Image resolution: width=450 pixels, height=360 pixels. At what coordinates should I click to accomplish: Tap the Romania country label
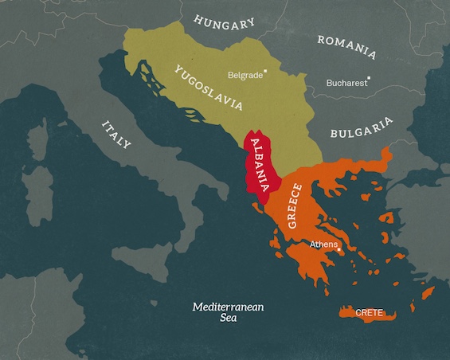pos(346,46)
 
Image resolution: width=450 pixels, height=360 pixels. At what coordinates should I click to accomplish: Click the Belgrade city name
pos(245,76)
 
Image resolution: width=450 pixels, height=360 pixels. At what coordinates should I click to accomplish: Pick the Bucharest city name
pos(347,82)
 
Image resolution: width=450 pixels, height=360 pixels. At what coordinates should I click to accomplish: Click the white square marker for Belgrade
pos(266,71)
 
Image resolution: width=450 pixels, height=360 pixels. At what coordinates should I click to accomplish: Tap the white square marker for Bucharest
pos(373,80)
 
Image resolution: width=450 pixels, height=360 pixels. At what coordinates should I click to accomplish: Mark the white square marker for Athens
pos(340,249)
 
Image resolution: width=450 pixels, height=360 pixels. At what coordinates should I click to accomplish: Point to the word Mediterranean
pos(229,307)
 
